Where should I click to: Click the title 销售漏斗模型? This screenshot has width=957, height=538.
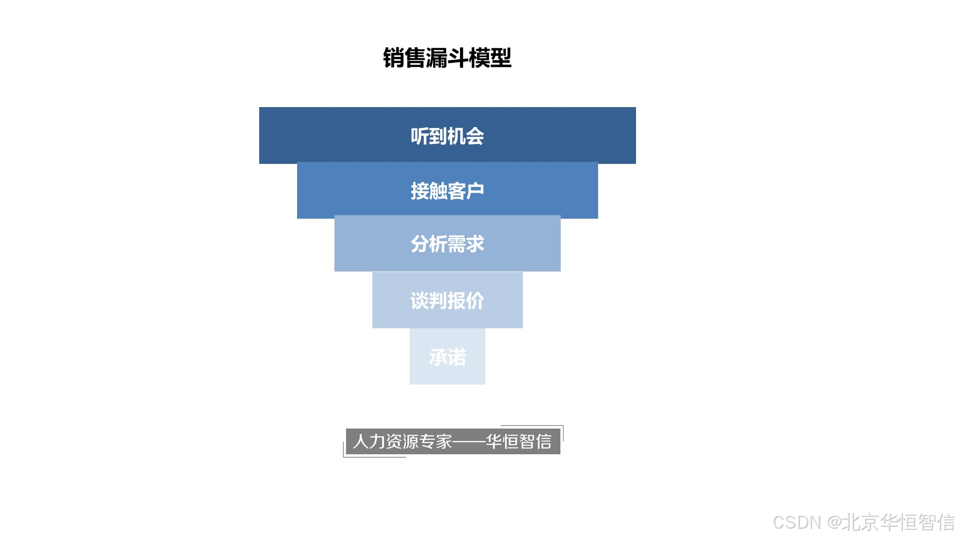click(x=447, y=58)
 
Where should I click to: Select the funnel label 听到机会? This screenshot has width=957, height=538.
click(x=447, y=136)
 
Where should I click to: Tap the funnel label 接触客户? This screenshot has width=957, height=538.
click(x=447, y=191)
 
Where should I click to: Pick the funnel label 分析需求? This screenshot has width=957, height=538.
click(x=447, y=244)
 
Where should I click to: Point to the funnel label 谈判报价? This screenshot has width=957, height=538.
click(x=447, y=300)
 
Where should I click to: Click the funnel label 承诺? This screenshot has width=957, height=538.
click(x=447, y=357)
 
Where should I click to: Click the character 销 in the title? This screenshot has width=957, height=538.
click(x=394, y=58)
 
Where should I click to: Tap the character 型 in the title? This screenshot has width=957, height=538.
click(x=501, y=58)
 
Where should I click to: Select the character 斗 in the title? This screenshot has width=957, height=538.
click(x=458, y=58)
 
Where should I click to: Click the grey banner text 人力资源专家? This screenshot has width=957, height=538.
click(x=402, y=441)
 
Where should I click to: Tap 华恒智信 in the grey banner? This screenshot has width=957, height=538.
click(x=519, y=441)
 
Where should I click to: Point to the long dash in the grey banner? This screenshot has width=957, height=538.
click(x=469, y=441)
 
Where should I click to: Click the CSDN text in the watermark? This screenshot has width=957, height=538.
click(x=797, y=522)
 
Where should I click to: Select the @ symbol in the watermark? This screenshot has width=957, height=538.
click(x=835, y=522)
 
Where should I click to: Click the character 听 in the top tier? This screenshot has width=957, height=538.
click(x=420, y=136)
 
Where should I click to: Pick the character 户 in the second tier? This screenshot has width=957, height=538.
click(x=475, y=191)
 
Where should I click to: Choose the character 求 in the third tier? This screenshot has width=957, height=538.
click(x=475, y=244)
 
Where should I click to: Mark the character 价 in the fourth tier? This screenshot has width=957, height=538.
click(x=475, y=300)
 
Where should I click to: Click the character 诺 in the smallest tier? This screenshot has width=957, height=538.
click(x=457, y=357)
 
